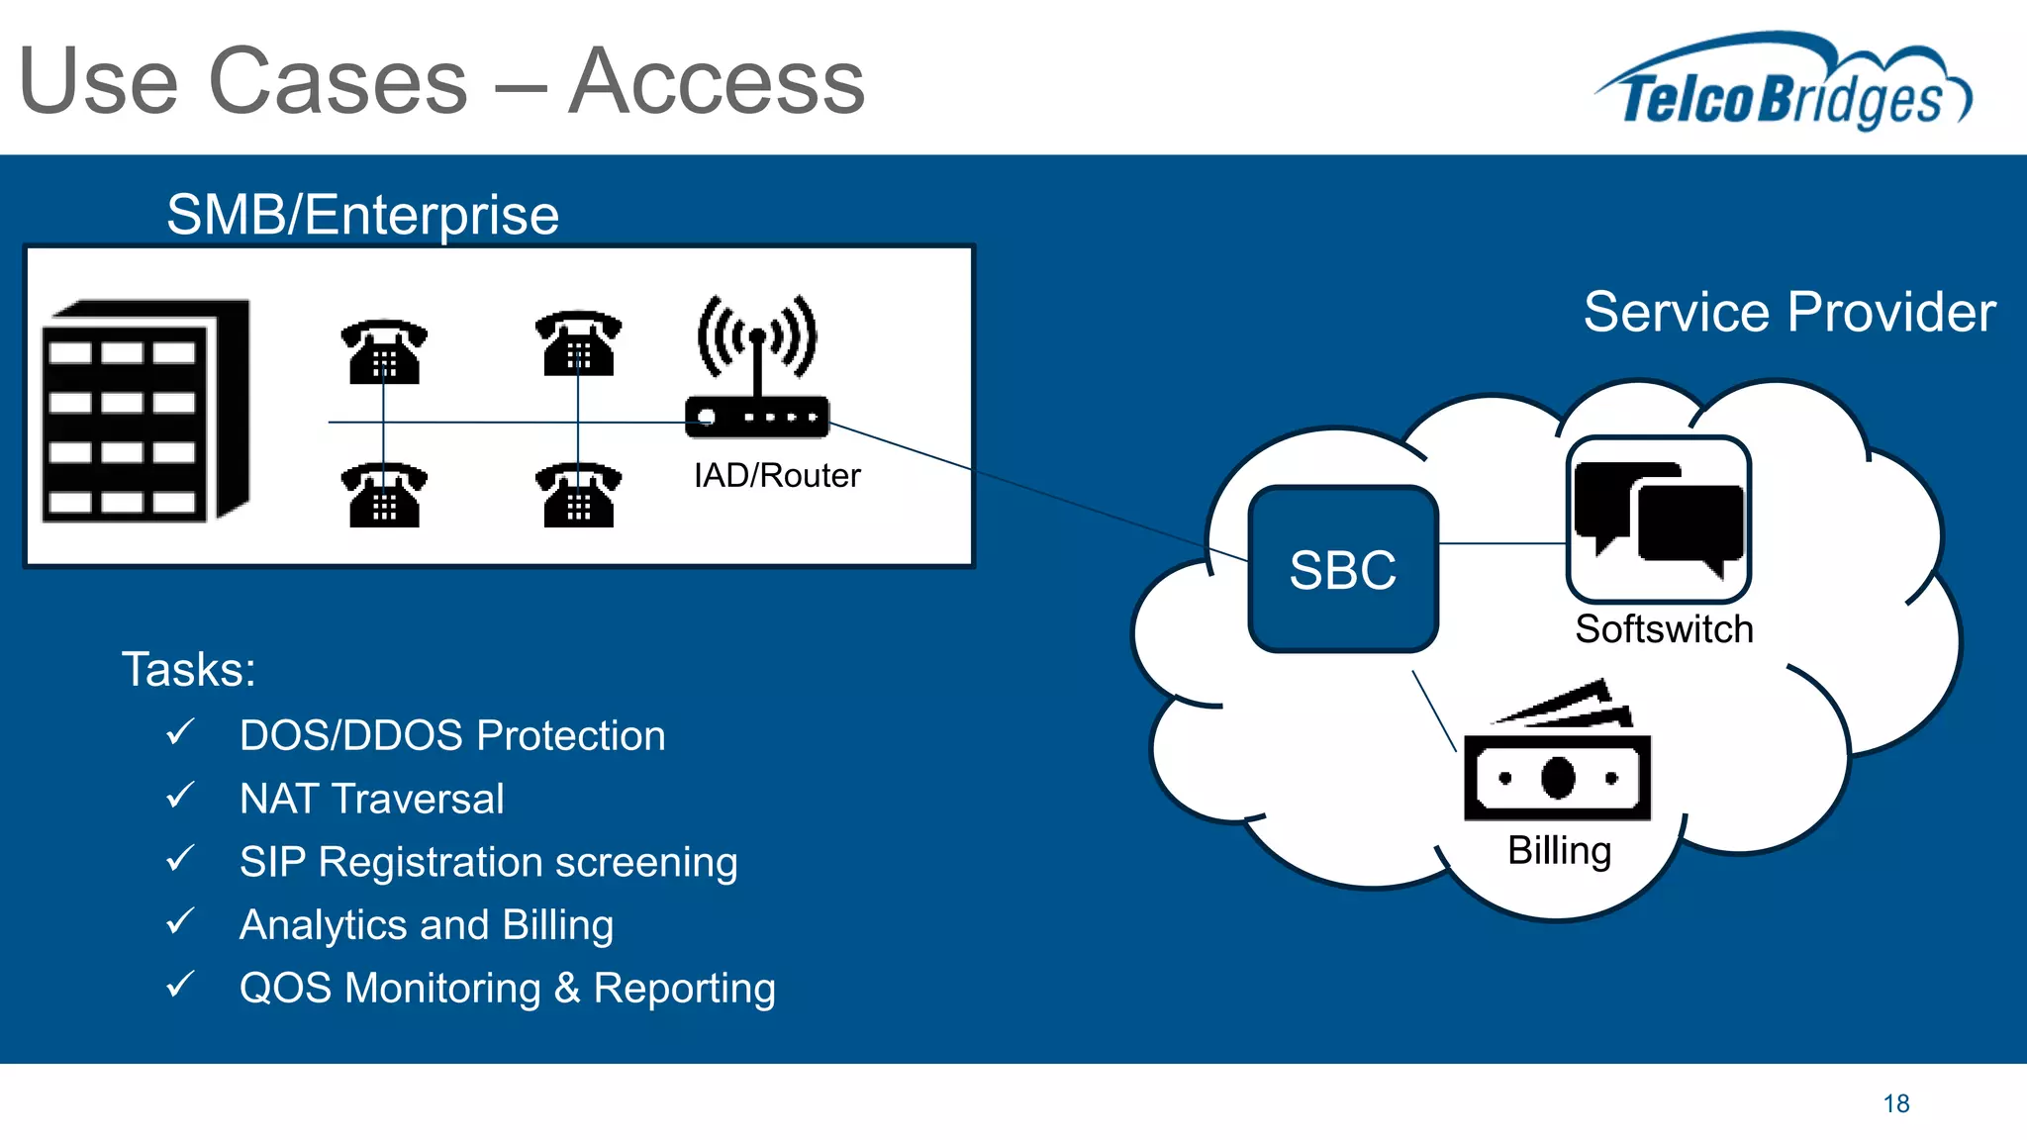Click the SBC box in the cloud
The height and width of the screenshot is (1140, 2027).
coord(1343,569)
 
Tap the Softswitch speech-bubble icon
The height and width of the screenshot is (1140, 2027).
coord(1659,520)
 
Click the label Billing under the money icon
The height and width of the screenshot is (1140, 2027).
coord(1559,851)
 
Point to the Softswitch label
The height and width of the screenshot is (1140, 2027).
coord(1664,629)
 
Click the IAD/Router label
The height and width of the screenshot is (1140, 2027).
coord(777,476)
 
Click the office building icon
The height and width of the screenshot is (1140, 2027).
coord(145,411)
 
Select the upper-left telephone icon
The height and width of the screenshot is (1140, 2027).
coord(384,350)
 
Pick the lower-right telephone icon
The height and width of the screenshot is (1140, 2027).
coord(579,494)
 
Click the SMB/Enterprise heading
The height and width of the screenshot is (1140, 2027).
coord(362,215)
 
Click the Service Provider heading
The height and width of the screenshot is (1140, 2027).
coord(1788,313)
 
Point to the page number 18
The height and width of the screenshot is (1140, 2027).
coord(1895,1103)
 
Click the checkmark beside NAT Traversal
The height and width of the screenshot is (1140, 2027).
coord(180,796)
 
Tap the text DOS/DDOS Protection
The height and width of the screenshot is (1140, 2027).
coord(452,736)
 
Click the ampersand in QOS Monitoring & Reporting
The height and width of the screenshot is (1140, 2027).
coord(566,988)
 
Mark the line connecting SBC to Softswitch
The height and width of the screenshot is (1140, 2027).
coord(1501,543)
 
